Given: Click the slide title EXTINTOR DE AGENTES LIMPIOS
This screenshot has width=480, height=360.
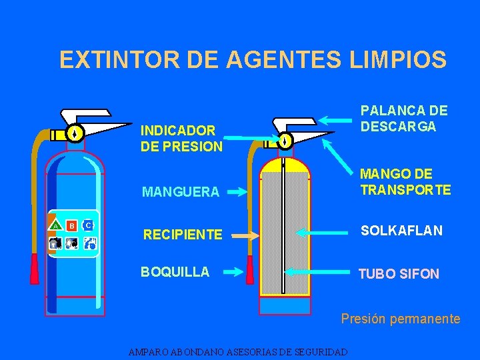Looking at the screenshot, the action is pyautogui.click(x=253, y=60).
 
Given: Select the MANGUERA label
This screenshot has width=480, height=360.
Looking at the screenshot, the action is pyautogui.click(x=180, y=192).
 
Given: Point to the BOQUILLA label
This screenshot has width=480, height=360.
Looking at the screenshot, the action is pyautogui.click(x=175, y=271).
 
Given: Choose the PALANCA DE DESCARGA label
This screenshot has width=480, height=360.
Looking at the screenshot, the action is pyautogui.click(x=404, y=118).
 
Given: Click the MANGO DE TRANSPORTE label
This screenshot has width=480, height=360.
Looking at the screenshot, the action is pyautogui.click(x=405, y=182).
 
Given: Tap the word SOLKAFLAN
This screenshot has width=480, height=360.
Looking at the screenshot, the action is pyautogui.click(x=401, y=231).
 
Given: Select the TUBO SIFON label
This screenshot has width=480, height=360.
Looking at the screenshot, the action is pyautogui.click(x=399, y=273).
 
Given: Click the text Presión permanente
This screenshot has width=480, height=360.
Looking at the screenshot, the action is pyautogui.click(x=400, y=319).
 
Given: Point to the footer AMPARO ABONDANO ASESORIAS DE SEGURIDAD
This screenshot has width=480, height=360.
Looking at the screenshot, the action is pyautogui.click(x=238, y=351).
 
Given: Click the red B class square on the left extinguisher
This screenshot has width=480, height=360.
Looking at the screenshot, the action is pyautogui.click(x=71, y=225).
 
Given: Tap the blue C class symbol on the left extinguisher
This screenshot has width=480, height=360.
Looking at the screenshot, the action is pyautogui.click(x=88, y=225).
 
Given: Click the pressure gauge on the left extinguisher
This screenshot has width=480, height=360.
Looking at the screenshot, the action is pyautogui.click(x=76, y=133).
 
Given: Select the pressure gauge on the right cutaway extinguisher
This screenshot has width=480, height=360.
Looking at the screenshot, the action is pyautogui.click(x=285, y=141).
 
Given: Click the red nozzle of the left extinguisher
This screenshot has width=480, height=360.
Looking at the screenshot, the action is pyautogui.click(x=34, y=269).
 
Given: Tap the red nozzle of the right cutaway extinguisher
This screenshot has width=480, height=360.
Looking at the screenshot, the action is pyautogui.click(x=250, y=270).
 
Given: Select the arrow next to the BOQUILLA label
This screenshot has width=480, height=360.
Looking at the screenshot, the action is pyautogui.click(x=233, y=271).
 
